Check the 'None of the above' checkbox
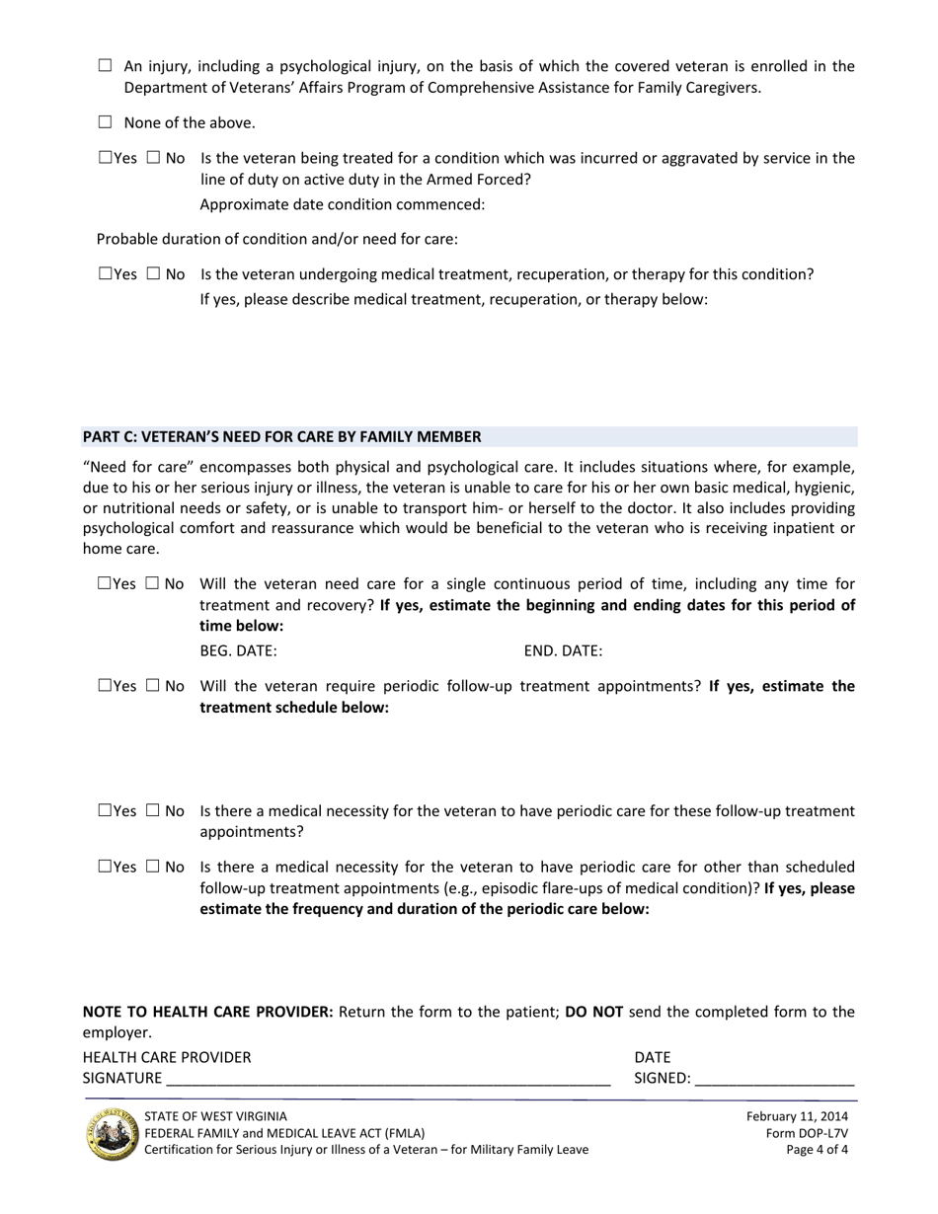click(106, 122)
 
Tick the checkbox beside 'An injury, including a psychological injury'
click(106, 66)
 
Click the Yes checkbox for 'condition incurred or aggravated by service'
click(106, 158)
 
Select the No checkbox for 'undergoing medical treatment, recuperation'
click(153, 274)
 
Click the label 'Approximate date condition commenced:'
click(343, 205)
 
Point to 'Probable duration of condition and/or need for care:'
click(277, 239)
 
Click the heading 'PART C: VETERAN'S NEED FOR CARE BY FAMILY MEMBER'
click(282, 436)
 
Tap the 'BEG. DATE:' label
click(238, 651)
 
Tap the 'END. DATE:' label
click(563, 651)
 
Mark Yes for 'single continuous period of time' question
click(106, 583)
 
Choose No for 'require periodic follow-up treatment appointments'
click(153, 686)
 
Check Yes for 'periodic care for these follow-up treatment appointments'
click(106, 810)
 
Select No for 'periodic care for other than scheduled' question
click(153, 867)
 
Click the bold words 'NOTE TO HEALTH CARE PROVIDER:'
click(207, 1012)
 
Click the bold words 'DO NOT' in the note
click(593, 1012)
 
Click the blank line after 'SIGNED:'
click(774, 1079)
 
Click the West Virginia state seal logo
click(112, 1133)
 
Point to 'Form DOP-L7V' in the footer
click(807, 1133)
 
